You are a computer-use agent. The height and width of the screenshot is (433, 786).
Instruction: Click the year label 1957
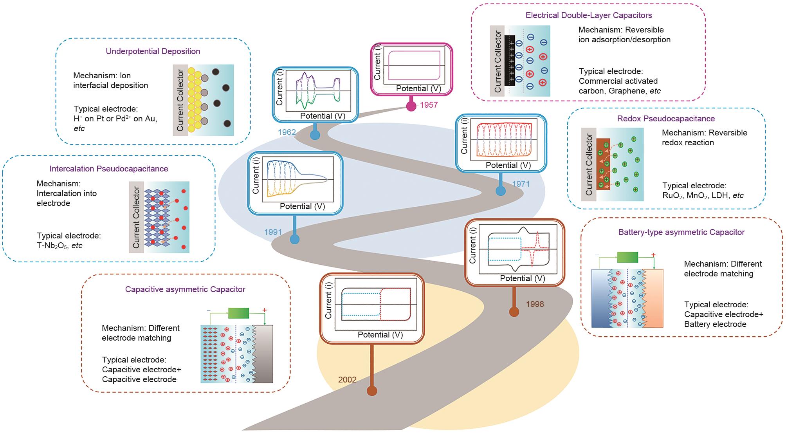coord(429,105)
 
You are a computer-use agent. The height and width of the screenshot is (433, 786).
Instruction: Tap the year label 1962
coord(287,132)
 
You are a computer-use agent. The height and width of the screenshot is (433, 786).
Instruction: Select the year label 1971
coord(521,184)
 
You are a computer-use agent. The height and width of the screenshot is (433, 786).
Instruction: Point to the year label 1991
coord(273,232)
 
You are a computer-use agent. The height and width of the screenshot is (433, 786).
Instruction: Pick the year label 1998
coord(535,304)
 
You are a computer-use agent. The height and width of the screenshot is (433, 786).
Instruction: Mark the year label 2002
coord(347,380)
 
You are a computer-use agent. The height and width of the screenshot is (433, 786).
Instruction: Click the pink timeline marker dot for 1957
coord(411,106)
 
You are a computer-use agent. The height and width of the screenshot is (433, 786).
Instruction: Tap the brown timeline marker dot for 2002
coord(372,390)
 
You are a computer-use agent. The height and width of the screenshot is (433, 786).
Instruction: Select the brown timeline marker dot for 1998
coord(514,312)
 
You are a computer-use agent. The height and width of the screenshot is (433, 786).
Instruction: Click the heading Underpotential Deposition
coord(153,51)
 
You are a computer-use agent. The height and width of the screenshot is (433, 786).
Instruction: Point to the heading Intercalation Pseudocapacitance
coord(109,169)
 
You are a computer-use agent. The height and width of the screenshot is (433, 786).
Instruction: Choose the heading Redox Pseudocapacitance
coord(666,119)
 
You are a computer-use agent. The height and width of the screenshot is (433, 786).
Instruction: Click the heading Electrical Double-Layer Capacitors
coord(589,15)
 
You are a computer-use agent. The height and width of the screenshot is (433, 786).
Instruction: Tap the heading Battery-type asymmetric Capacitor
coord(681,232)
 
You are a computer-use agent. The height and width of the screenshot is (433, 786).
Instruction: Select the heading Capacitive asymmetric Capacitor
coord(185,289)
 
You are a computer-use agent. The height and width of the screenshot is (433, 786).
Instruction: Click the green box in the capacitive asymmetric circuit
coord(238,313)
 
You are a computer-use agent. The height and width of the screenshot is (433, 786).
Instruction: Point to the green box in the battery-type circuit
coord(627,257)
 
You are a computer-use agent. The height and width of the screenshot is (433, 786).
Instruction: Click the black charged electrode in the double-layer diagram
coord(509,61)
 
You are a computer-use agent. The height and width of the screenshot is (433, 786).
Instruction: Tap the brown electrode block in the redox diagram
coord(603,164)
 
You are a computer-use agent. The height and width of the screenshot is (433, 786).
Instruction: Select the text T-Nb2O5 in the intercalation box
coord(52,246)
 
